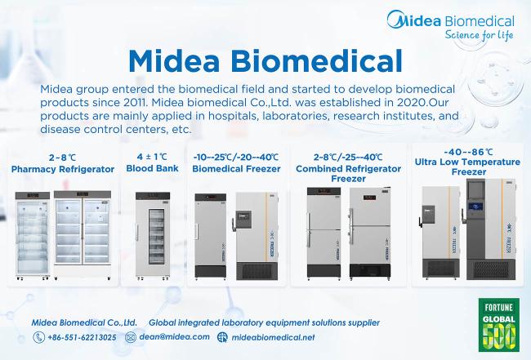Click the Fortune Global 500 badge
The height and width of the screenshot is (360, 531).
[x=499, y=324]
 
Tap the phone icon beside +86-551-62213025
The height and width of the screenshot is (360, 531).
[x=39, y=337]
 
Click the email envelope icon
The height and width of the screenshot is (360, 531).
[x=131, y=337]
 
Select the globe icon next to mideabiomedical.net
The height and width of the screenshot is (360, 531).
[x=222, y=337]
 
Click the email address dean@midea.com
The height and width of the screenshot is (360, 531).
[x=174, y=337]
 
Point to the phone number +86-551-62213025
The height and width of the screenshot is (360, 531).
[x=82, y=337]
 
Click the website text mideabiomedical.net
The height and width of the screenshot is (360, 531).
[x=273, y=337]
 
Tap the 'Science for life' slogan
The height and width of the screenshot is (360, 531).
[x=479, y=35]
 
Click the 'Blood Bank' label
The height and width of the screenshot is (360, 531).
[x=152, y=168]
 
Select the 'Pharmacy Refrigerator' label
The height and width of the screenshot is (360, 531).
[x=63, y=169]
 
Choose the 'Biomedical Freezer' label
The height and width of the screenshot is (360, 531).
[x=236, y=168]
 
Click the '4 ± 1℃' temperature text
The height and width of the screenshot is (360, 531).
[x=152, y=157]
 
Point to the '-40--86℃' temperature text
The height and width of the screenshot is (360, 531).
[x=468, y=152]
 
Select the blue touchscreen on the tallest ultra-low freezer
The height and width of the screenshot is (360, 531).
[x=475, y=207]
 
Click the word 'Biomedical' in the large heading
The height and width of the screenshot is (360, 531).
[x=318, y=61]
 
